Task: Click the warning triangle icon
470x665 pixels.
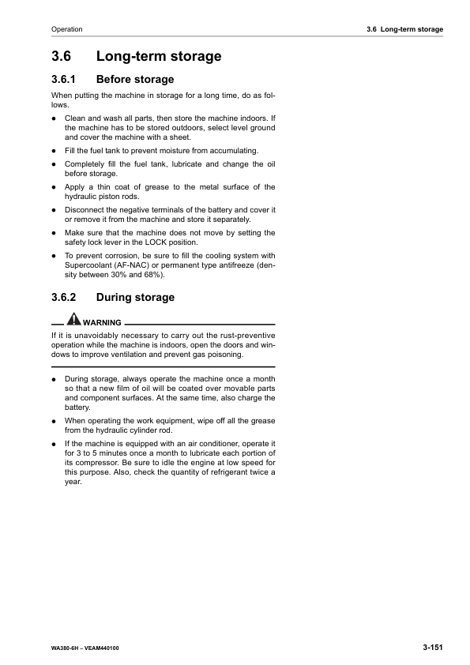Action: pos(73,319)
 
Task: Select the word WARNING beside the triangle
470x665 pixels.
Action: pos(102,323)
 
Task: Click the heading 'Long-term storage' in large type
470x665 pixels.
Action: pos(158,56)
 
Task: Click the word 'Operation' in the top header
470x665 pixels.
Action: pos(66,29)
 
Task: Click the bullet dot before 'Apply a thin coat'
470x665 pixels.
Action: pos(54,187)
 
